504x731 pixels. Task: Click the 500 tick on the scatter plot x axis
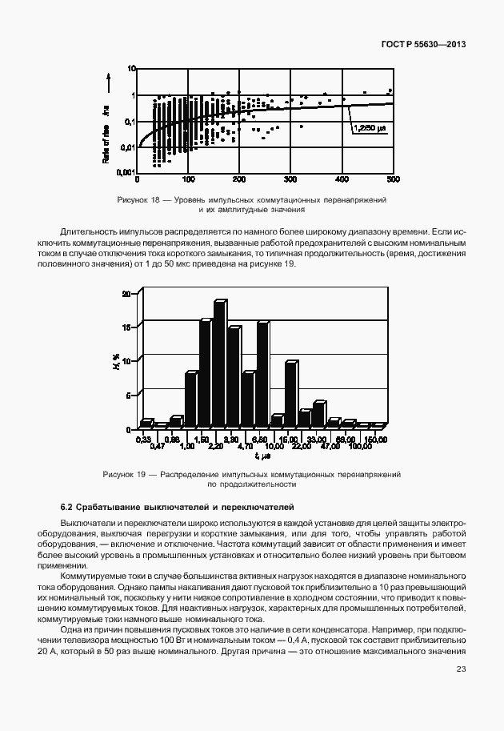pyautogui.click(x=393, y=179)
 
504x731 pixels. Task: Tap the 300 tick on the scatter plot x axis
pyautogui.click(x=290, y=179)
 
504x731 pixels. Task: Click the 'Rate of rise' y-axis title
pyautogui.click(x=106, y=138)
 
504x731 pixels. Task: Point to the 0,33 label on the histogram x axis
pyautogui.click(x=143, y=440)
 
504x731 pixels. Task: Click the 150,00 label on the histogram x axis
pyautogui.click(x=375, y=440)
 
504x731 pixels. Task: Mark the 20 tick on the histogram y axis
pyautogui.click(x=125, y=294)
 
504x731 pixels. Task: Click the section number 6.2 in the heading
pyautogui.click(x=67, y=507)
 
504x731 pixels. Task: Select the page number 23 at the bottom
pyautogui.click(x=461, y=669)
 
